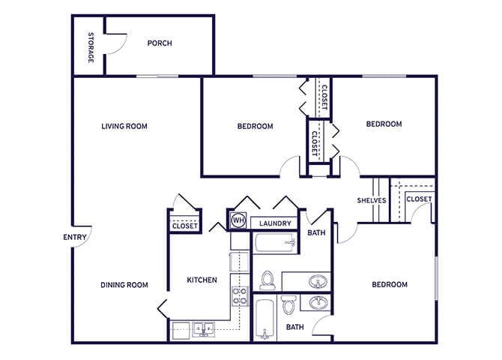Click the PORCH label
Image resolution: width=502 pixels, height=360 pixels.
(159, 43)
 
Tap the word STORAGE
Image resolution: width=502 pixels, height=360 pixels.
(91, 46)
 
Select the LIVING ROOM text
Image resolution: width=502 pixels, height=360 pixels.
(124, 126)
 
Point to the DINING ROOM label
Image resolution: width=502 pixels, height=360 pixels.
(124, 284)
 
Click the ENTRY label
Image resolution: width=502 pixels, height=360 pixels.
(75, 238)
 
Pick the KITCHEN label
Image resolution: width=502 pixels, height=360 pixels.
(202, 280)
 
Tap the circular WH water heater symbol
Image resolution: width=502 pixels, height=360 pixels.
(238, 220)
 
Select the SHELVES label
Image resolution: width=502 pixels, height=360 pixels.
(372, 200)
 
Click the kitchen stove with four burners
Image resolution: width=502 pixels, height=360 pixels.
(240, 296)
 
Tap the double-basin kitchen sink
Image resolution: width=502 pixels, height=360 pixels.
(202, 328)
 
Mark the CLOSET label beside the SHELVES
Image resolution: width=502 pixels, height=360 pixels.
(420, 198)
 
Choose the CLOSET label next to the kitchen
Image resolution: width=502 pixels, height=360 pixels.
(184, 225)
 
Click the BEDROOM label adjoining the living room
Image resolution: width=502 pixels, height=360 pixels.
(255, 126)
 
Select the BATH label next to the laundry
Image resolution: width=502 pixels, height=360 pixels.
(316, 233)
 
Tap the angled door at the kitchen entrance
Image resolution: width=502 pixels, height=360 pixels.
(163, 308)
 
